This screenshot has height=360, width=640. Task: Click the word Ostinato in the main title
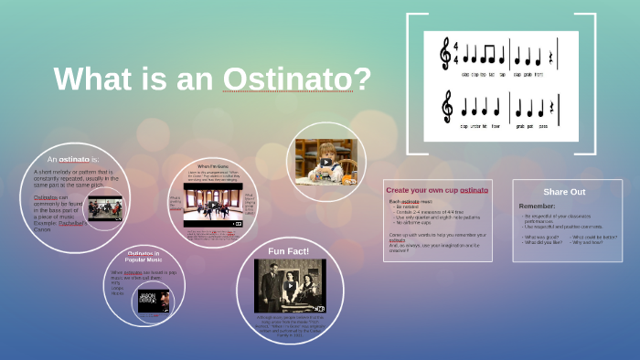297,79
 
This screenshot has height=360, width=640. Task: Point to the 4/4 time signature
455,52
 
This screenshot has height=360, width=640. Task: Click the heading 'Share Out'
564,192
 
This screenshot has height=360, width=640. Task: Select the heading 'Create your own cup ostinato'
436,190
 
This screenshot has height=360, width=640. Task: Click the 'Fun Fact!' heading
288,250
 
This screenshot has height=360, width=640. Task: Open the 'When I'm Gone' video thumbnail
212,207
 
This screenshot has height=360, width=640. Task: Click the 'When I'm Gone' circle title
212,166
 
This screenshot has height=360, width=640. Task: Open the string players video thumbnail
104,207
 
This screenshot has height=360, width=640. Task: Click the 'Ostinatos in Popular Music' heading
143,256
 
